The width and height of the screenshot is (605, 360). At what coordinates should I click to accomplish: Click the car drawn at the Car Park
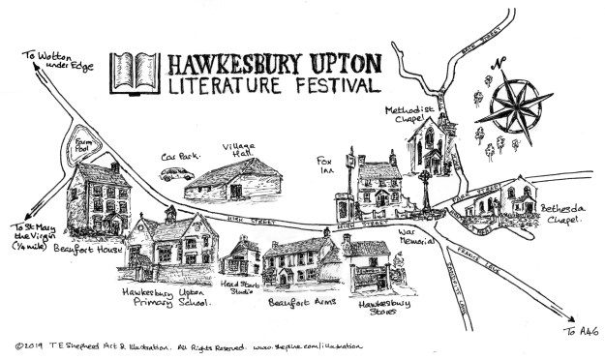pyautogui.click(x=176, y=174)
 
